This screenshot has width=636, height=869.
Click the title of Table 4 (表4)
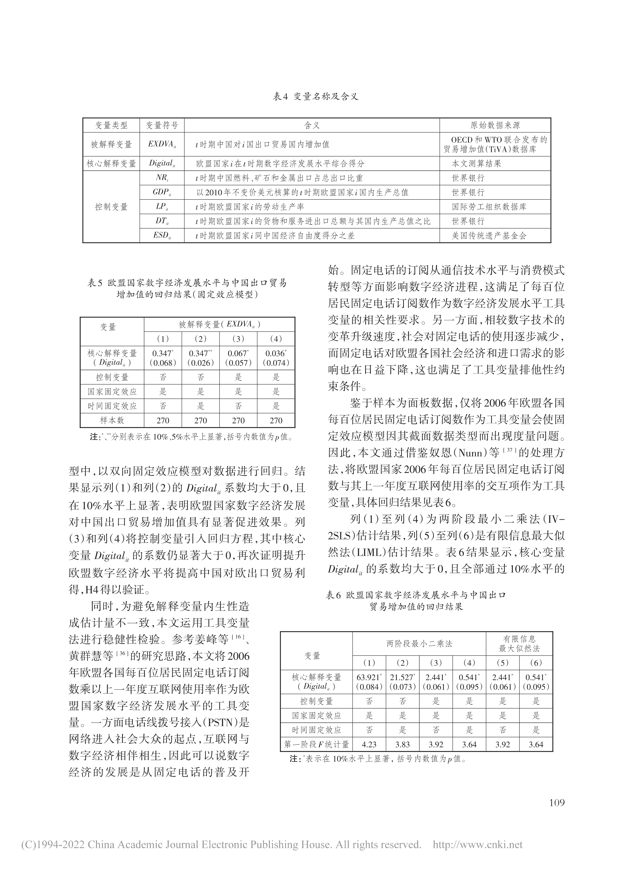[316, 97]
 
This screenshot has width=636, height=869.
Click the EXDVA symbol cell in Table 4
[162, 145]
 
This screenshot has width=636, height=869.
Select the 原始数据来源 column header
[495, 125]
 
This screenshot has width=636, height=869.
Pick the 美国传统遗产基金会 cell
[489, 236]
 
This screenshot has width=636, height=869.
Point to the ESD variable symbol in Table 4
[162, 236]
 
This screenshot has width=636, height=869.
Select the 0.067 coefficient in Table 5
[238, 353]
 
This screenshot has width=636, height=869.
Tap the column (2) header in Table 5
[201, 339]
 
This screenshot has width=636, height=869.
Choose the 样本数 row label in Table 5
[112, 420]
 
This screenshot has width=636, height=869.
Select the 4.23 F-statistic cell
[369, 744]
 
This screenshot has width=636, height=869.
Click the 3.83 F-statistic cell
[402, 744]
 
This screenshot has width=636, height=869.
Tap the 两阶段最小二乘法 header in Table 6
[419, 643]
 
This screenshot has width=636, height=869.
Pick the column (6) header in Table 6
[536, 662]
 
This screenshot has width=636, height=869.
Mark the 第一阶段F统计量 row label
[316, 744]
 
